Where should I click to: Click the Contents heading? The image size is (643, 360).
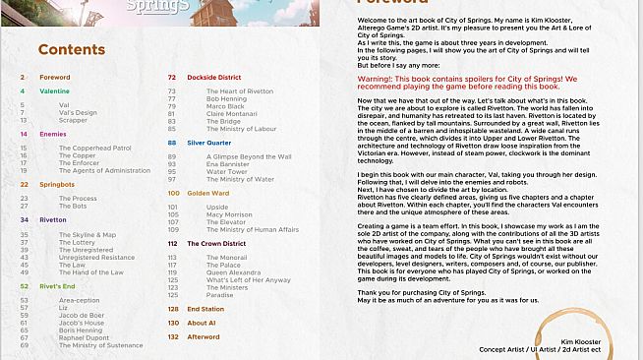tap(71, 49)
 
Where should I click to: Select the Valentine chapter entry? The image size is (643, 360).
tap(54, 90)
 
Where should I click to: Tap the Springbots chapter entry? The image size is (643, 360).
tap(58, 183)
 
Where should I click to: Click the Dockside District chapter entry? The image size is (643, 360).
tap(214, 76)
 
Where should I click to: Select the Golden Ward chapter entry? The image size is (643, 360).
tap(207, 193)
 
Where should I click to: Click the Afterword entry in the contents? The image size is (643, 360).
tap(204, 336)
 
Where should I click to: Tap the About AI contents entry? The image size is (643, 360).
tap(201, 323)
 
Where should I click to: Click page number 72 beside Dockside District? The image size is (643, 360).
tap(172, 76)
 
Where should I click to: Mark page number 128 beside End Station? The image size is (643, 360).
tap(173, 309)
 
